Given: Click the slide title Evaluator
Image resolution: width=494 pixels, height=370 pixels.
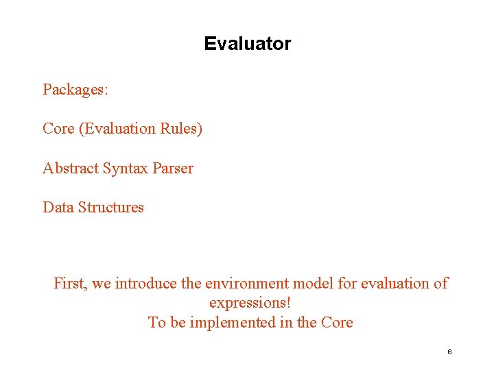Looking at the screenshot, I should pos(247,44).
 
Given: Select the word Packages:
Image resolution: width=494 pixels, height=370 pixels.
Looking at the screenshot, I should pos(75,90).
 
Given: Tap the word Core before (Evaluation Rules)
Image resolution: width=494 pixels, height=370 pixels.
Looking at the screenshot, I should pos(58,129).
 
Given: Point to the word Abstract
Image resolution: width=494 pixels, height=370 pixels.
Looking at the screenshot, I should pos(71,169).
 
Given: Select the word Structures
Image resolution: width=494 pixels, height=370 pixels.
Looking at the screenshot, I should pos(112,208).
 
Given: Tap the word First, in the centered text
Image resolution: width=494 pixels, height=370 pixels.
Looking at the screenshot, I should pos(71,283).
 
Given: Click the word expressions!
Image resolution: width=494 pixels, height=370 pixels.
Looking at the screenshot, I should pos(250,303).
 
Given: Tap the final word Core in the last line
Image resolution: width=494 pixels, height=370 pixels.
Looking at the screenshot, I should pos(337,323).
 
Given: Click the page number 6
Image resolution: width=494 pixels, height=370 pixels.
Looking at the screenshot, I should pos(449,351).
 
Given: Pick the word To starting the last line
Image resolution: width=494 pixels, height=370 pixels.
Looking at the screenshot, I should pos(156,323).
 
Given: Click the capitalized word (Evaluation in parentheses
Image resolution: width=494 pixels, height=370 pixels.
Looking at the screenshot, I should pos(118,129).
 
